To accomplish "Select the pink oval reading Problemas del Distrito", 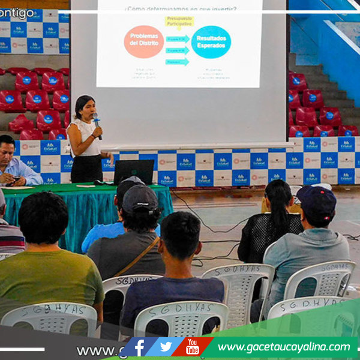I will (144, 41).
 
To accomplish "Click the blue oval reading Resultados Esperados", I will (211, 41).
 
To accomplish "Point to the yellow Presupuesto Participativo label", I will (179, 22).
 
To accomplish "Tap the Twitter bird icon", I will (166, 347).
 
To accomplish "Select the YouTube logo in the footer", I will (192, 347).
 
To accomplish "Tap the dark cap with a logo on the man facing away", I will (140, 198).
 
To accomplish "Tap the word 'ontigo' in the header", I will (17, 13).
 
